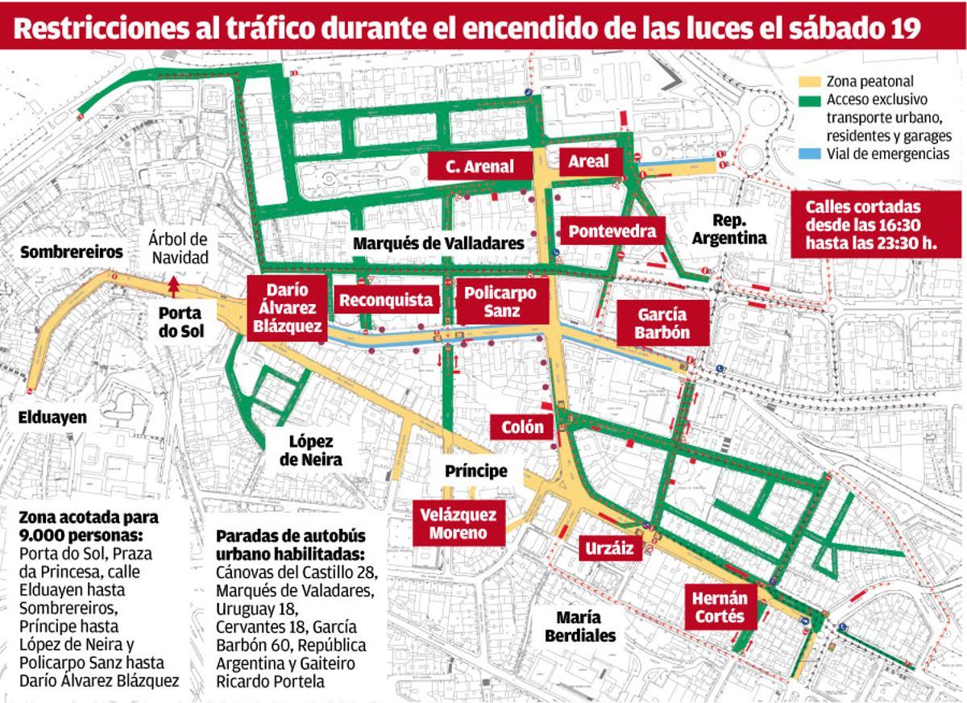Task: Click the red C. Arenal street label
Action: [x=481, y=167]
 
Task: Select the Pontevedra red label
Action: [x=612, y=231]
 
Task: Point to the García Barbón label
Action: [x=662, y=323]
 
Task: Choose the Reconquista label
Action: [x=386, y=301]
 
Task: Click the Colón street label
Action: [x=522, y=427]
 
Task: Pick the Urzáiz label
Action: [x=611, y=549]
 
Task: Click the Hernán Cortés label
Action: [x=720, y=608]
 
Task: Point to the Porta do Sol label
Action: [x=181, y=322]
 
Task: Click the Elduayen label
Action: [x=52, y=417]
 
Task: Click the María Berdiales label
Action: [x=579, y=626]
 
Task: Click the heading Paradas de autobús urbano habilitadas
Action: [x=290, y=546]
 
